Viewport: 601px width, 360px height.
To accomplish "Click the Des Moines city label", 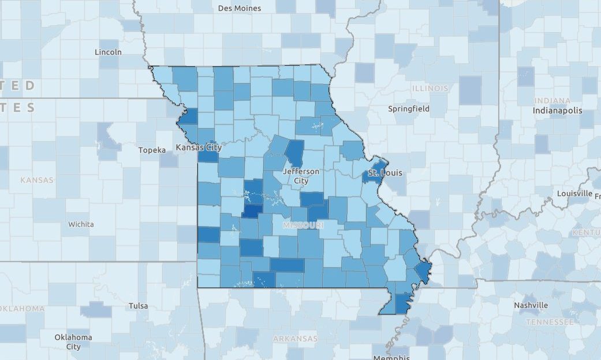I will click(240, 8).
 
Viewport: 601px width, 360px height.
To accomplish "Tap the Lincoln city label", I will click(108, 52).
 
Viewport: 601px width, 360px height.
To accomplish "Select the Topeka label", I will click(152, 150).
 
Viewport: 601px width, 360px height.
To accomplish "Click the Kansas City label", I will click(199, 148).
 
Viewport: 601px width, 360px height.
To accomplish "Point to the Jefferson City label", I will click(301, 176).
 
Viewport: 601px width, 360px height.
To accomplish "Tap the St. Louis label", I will click(385, 172).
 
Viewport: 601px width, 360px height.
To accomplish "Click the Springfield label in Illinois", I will click(409, 108).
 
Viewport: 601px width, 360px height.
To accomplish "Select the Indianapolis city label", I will click(557, 110).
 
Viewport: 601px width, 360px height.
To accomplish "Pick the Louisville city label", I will click(575, 193).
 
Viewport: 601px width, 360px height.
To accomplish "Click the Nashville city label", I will click(531, 305).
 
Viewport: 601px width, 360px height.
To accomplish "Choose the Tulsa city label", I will click(139, 306).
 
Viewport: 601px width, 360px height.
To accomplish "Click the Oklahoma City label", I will click(73, 342).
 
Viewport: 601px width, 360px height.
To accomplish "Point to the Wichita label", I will click(80, 224).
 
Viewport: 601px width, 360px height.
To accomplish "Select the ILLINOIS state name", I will click(430, 88).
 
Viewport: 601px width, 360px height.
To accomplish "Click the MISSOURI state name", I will click(303, 225).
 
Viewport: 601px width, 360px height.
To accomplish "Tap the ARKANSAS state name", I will click(295, 338).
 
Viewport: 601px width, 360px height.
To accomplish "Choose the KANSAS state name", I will click(37, 180).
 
